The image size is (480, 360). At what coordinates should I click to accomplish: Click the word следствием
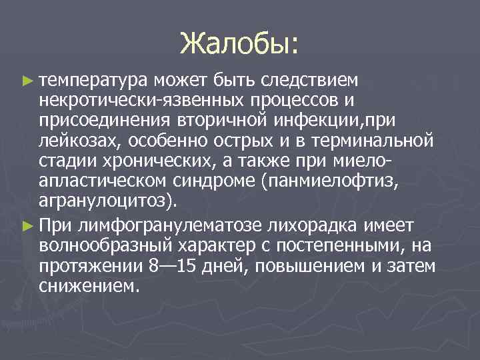(311, 81)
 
